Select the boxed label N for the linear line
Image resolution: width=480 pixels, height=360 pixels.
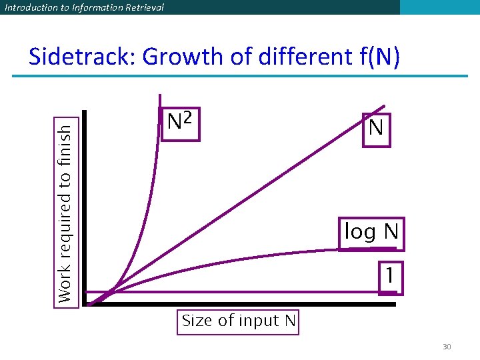[376, 127]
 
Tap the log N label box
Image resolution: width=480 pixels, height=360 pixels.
[371, 233]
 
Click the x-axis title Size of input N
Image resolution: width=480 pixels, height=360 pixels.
[239, 321]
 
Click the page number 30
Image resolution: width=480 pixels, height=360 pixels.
[447, 347]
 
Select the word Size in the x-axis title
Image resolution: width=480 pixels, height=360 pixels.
[196, 321]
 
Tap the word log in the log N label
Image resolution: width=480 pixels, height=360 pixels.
[360, 233]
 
